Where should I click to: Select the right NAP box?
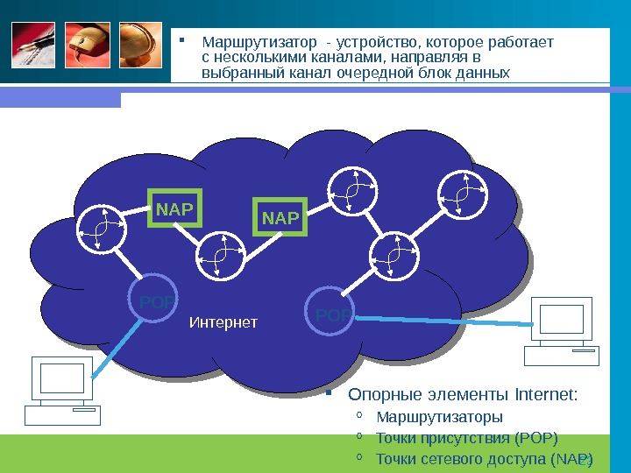[x=280, y=217]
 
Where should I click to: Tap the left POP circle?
[x=152, y=300]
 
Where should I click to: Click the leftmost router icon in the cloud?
[x=101, y=230]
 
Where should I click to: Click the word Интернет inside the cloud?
[x=223, y=323]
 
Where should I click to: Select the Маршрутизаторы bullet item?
[x=438, y=415]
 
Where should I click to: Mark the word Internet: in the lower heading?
[x=545, y=393]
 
